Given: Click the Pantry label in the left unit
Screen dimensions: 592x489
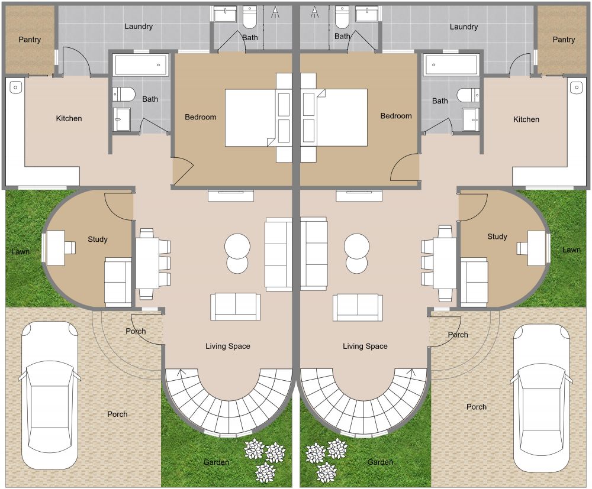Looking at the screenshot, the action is tap(30, 40).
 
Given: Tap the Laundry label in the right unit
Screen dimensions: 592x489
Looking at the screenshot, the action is tap(464, 27).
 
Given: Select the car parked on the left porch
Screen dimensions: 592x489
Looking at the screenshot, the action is tap(49, 395).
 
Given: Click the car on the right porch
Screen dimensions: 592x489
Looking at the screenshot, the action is tap(542, 398).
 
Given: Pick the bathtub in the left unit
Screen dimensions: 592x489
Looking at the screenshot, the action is tap(140, 65).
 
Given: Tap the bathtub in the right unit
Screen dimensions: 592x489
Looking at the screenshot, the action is tap(451, 65).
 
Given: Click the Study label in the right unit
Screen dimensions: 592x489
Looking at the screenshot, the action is tap(497, 237).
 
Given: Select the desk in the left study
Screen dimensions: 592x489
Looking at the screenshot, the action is tap(56, 248).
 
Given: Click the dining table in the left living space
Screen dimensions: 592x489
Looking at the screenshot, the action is tap(147, 263).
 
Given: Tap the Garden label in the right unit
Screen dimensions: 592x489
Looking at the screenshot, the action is tap(380, 462).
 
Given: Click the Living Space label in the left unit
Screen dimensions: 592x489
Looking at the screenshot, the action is tap(228, 346).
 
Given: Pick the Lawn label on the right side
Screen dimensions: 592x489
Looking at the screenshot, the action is tap(571, 250).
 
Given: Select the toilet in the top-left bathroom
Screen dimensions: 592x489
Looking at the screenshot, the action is tap(250, 17).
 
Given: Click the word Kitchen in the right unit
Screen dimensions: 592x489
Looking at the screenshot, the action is tap(526, 119).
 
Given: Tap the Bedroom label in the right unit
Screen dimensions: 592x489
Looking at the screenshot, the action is tap(396, 116).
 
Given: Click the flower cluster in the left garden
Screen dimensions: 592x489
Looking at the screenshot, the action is tap(264, 458).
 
